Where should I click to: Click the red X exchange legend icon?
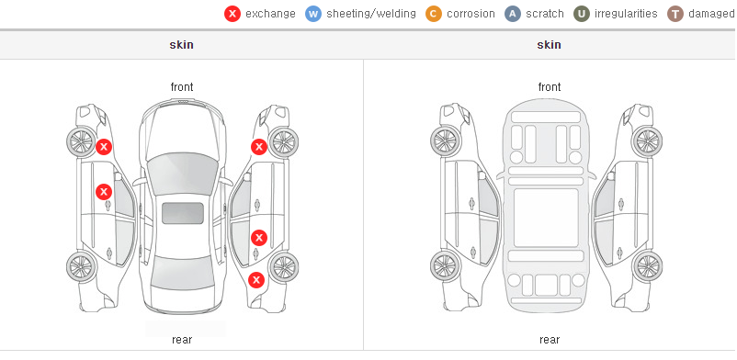(232, 14)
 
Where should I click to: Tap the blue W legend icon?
(313, 14)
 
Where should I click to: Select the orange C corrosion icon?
(434, 14)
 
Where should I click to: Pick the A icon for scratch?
(513, 14)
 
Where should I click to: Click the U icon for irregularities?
(582, 14)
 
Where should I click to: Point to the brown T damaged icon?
(675, 14)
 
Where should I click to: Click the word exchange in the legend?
(270, 14)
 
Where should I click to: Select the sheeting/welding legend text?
(371, 14)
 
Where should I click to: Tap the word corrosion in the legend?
(471, 14)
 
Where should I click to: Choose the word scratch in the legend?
(545, 14)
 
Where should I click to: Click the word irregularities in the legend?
(626, 14)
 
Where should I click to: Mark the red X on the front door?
(104, 192)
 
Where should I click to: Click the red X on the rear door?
(259, 238)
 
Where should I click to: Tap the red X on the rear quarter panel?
(256, 281)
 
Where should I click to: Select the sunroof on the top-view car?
(183, 213)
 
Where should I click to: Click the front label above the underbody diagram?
(550, 87)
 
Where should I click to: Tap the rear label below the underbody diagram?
(550, 340)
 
